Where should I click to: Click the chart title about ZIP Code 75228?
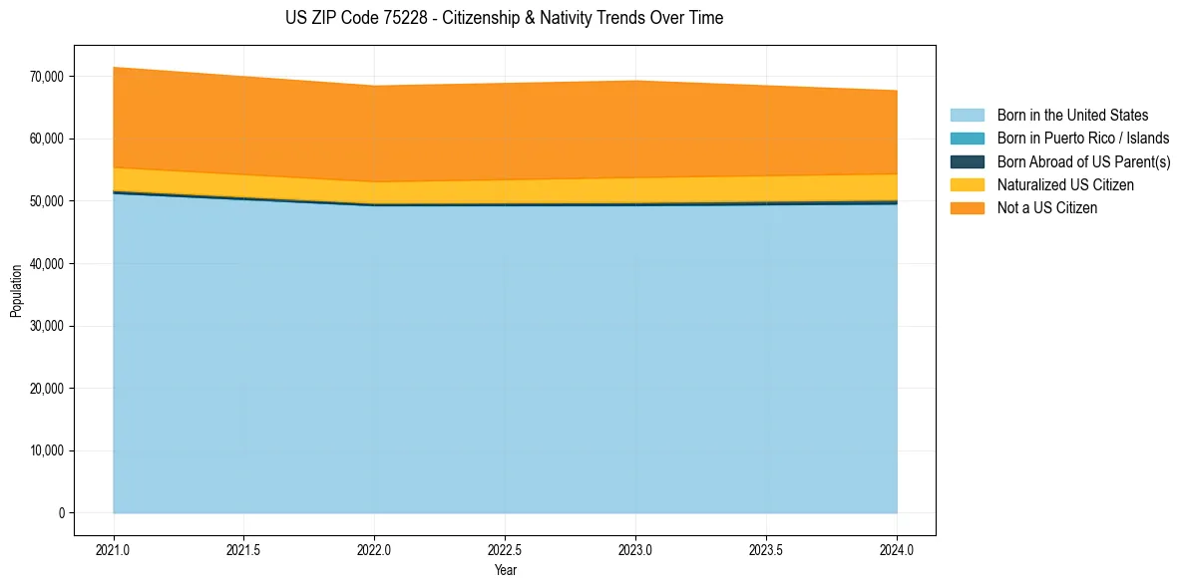click(x=504, y=18)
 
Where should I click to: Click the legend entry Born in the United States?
click(x=1072, y=116)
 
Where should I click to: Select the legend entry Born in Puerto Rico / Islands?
click(x=1082, y=139)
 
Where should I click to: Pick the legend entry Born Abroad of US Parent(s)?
click(x=1083, y=161)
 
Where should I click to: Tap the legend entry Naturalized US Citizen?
click(x=1065, y=185)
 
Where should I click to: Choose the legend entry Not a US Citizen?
click(x=1046, y=208)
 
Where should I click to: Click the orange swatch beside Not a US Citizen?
click(x=967, y=208)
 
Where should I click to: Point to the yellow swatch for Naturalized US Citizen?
click(x=967, y=185)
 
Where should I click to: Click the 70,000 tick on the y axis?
click(x=47, y=77)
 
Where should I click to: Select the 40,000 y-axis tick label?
click(x=47, y=264)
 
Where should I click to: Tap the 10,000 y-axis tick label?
click(x=47, y=450)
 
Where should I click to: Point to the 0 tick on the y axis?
click(x=61, y=513)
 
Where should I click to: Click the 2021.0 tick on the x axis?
click(x=113, y=549)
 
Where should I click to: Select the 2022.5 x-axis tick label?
click(x=505, y=549)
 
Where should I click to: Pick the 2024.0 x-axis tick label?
click(x=897, y=549)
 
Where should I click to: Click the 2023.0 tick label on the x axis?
click(x=635, y=549)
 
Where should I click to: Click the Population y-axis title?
click(x=16, y=291)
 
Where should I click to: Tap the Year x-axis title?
click(x=505, y=570)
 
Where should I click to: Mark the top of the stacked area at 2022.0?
click(x=374, y=86)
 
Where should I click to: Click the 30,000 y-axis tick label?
click(x=47, y=326)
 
